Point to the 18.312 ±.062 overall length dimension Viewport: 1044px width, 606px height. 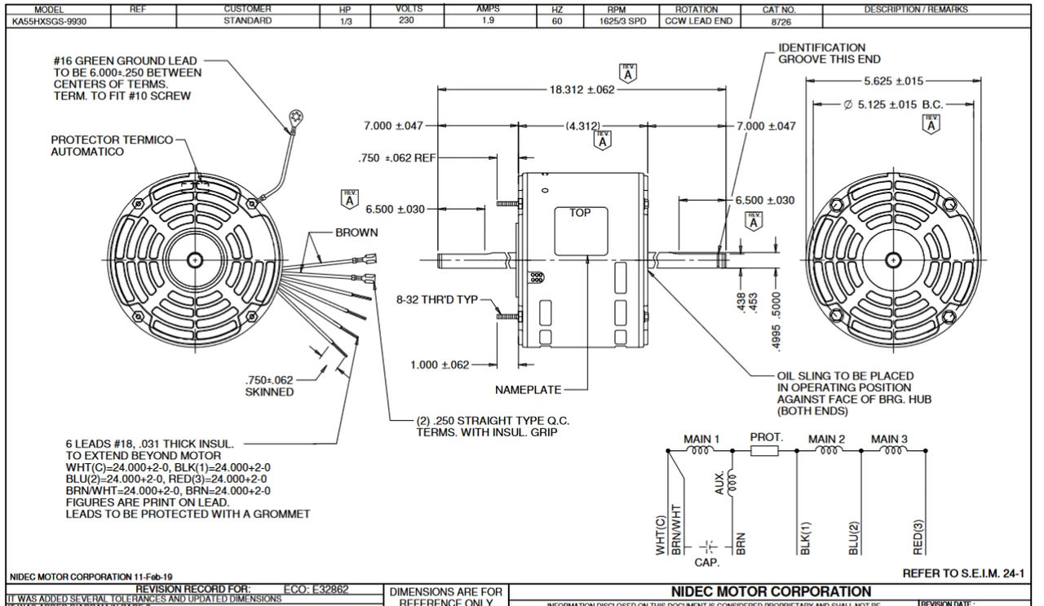(581, 90)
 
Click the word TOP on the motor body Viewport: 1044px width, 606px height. (580, 212)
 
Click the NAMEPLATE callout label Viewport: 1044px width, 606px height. (528, 389)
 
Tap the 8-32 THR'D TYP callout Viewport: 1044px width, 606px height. (438, 299)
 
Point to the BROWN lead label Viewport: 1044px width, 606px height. (356, 232)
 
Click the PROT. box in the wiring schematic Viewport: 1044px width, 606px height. (766, 437)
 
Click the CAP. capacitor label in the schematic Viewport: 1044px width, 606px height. (706, 561)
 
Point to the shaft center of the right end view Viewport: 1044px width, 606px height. (896, 260)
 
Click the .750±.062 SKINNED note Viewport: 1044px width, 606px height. (269, 386)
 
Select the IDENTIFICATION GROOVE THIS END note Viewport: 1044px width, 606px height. (821, 54)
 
